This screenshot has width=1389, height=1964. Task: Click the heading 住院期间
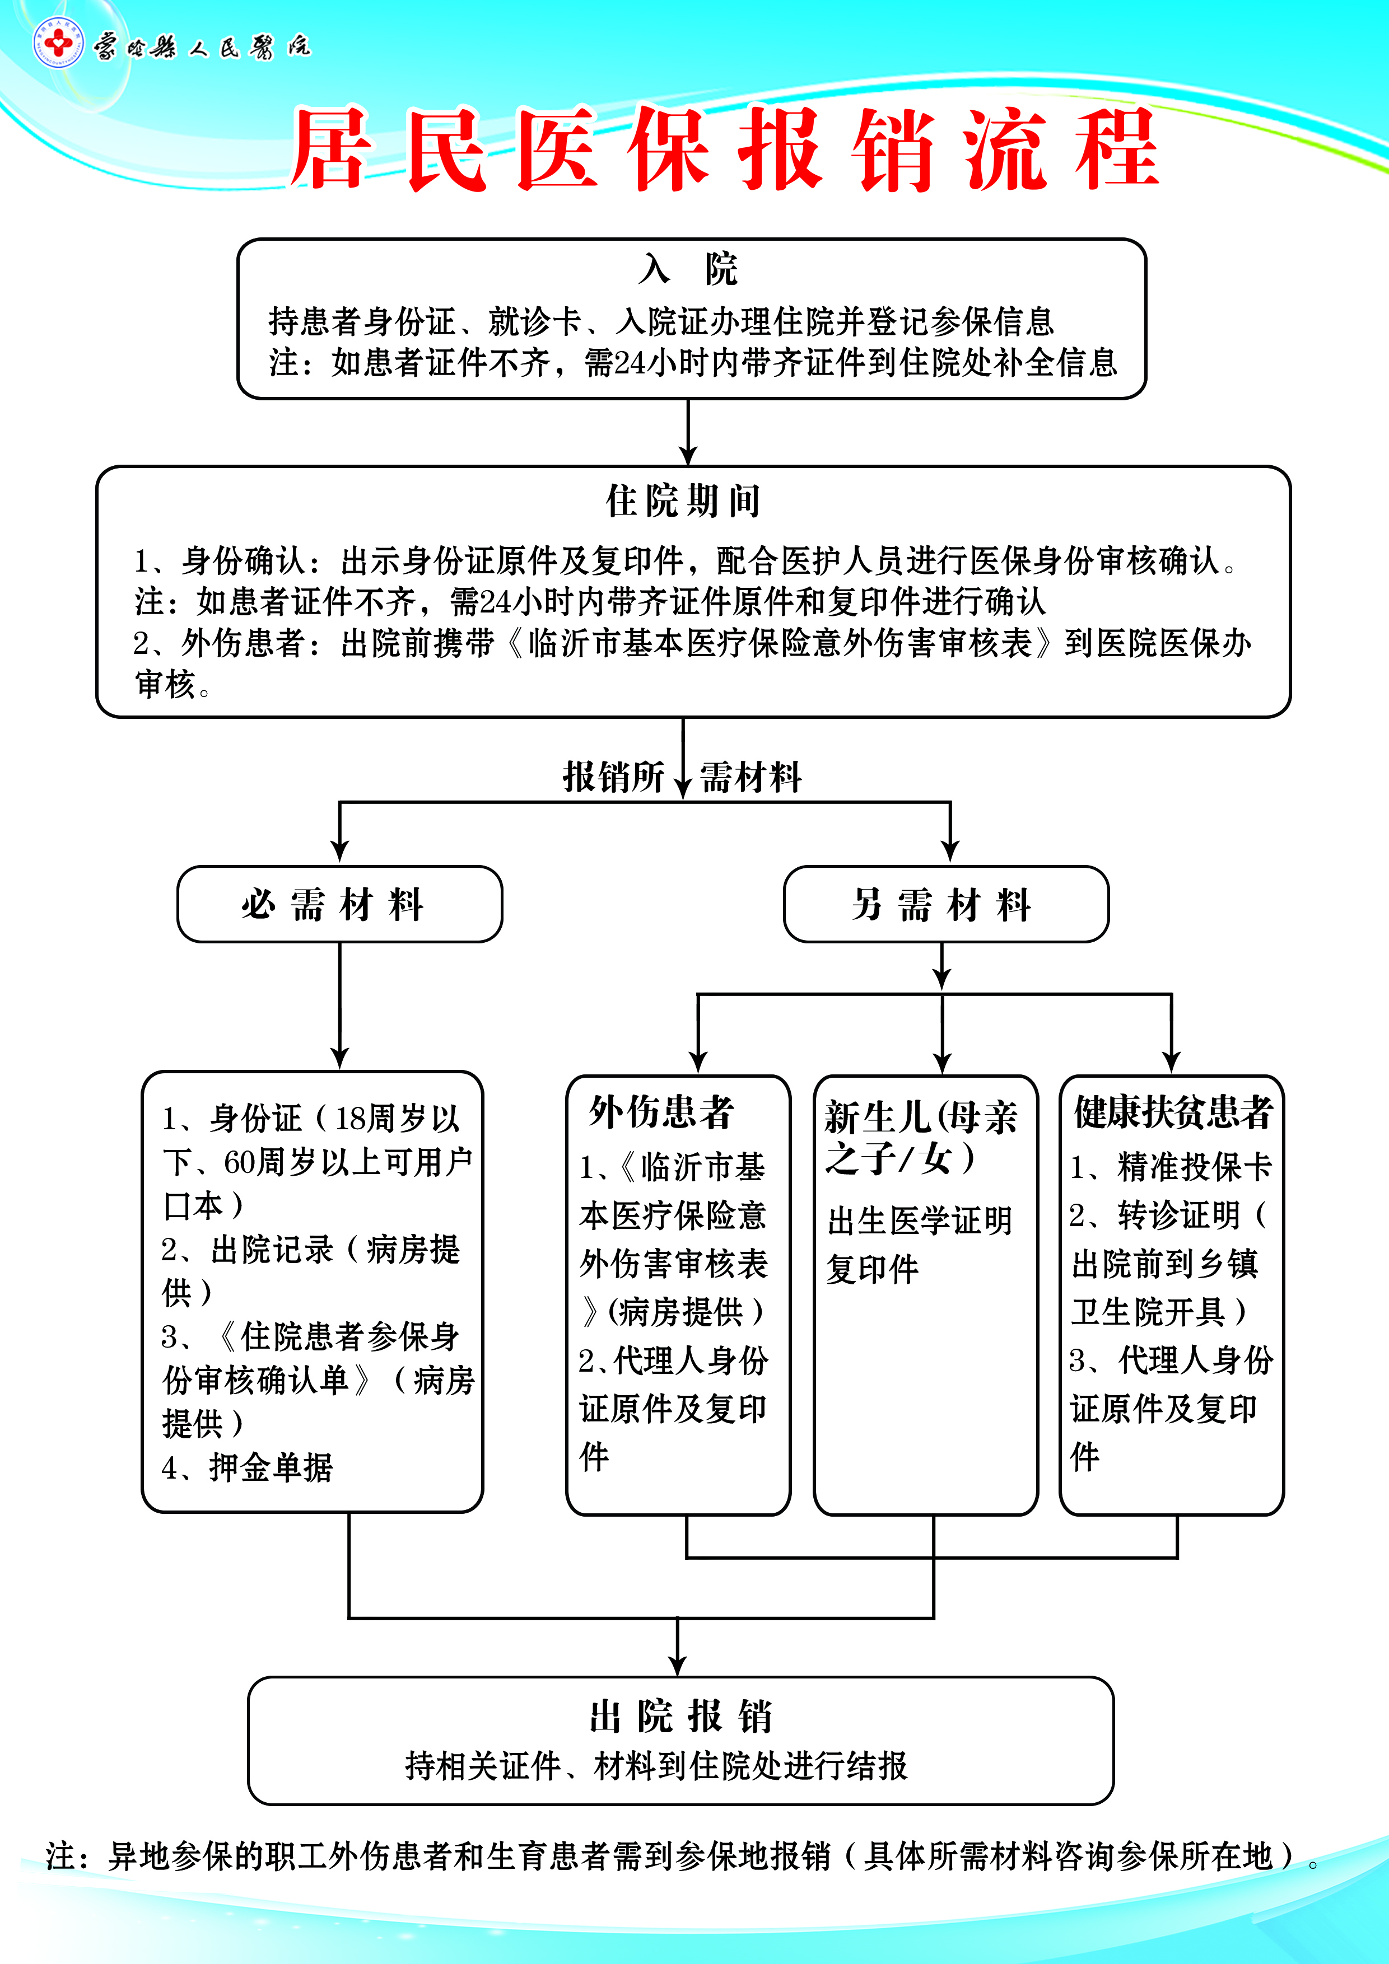coord(683,501)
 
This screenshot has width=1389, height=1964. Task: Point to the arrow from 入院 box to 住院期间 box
coord(688,432)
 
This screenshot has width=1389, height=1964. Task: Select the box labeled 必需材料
coord(340,904)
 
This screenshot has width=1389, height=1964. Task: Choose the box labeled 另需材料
coord(945,904)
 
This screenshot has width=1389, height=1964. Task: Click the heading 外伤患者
coord(661,1112)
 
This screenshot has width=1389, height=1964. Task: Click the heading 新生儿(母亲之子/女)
coord(921,1138)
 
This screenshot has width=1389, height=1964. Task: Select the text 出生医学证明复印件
coord(919,1245)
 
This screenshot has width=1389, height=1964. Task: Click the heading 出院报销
coord(681,1717)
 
